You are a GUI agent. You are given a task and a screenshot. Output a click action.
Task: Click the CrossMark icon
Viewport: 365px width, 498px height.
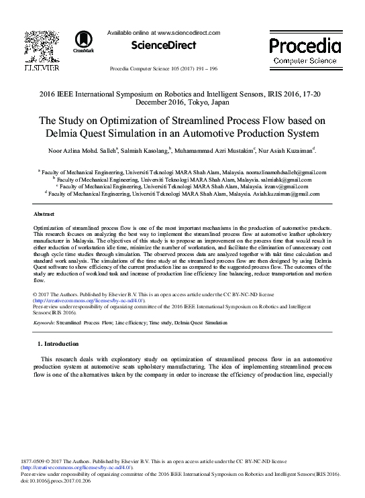coord(84,41)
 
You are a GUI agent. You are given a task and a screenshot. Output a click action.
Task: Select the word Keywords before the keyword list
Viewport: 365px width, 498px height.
coord(44,322)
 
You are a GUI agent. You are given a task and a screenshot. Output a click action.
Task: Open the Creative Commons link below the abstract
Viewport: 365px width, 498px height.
coord(89,301)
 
